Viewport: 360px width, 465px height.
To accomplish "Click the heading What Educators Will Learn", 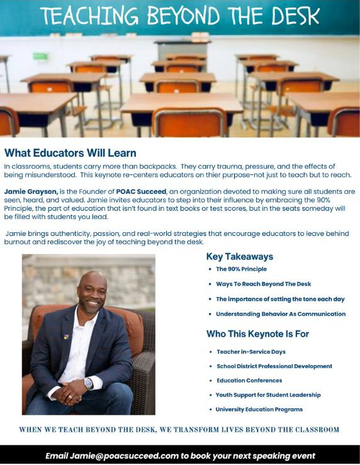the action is [70, 153].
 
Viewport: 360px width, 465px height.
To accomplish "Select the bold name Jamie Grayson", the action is [30, 191].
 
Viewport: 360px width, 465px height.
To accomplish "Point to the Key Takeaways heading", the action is [239, 257].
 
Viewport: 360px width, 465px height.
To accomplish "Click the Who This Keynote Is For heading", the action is [257, 334].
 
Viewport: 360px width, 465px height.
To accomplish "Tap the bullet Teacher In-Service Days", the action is [250, 352].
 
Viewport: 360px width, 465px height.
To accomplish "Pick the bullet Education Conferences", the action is [249, 381].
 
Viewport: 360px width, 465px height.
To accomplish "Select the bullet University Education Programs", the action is [259, 410].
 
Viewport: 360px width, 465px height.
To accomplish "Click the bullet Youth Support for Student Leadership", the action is [268, 395].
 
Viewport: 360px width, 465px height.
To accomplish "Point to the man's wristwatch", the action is [89, 383].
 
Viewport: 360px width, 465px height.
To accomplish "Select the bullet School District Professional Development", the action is [274, 366].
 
